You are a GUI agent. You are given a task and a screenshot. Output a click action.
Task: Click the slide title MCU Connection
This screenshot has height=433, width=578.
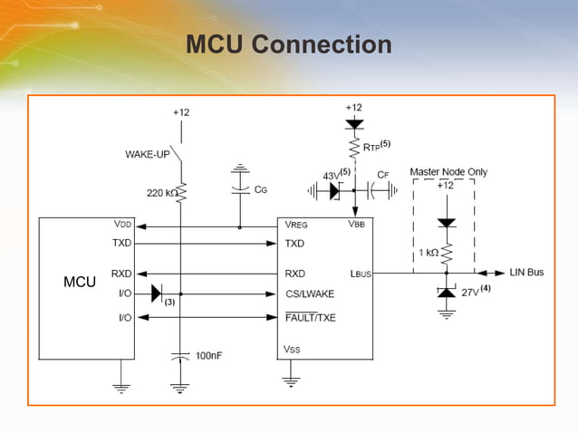tap(288, 44)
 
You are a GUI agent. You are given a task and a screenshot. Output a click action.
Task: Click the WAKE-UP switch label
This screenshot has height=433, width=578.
tap(147, 154)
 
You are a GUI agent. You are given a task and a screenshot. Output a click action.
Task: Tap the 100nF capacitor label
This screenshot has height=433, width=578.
tap(209, 356)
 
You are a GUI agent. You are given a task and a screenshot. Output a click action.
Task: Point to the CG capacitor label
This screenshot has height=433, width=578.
tap(260, 189)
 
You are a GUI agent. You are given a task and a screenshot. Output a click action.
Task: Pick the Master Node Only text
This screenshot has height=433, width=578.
tap(448, 170)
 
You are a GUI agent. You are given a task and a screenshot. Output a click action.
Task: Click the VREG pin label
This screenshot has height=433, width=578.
tap(296, 226)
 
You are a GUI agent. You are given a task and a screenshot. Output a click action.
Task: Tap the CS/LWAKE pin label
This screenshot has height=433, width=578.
tap(310, 293)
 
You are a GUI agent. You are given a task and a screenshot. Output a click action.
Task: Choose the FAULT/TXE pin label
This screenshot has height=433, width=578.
tap(311, 317)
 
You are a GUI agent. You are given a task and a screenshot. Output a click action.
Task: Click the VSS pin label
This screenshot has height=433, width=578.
tap(293, 350)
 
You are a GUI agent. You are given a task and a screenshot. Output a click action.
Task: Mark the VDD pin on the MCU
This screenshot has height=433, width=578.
tap(121, 226)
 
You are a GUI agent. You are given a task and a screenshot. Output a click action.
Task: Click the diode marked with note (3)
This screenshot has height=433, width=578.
tap(157, 293)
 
